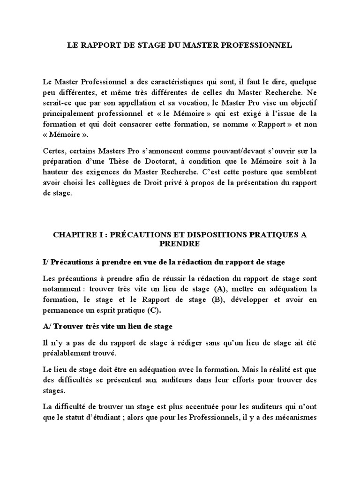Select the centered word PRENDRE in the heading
click(x=180, y=244)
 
